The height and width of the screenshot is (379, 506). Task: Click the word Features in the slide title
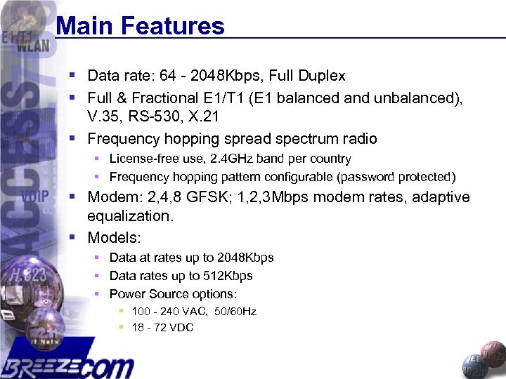coord(172,27)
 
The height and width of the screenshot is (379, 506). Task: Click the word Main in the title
coord(85,27)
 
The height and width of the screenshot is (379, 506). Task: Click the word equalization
coord(130,216)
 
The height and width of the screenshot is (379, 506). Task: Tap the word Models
coord(114,237)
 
